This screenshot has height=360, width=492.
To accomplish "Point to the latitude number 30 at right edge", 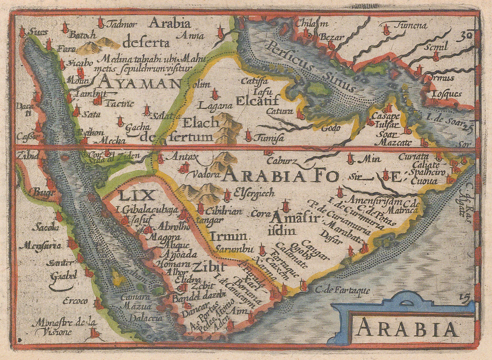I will click(466, 35).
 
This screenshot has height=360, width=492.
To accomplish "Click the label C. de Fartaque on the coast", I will click(342, 290).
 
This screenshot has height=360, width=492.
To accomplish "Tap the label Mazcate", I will click(395, 143).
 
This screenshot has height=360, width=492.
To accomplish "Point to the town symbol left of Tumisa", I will click(248, 136).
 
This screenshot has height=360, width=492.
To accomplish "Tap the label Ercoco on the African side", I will click(75, 301).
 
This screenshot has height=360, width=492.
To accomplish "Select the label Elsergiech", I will click(254, 193).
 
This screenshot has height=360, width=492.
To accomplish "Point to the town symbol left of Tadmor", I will click(100, 23).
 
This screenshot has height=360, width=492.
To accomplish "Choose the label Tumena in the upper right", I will click(411, 26).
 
